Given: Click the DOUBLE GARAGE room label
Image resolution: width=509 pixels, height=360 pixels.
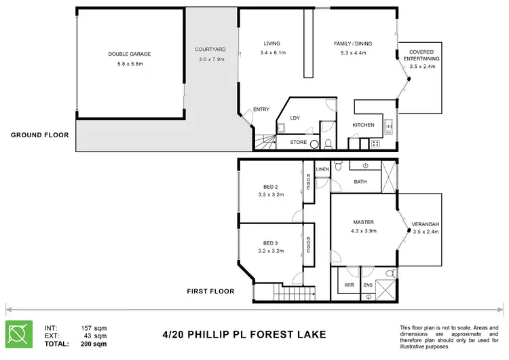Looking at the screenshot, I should tap(129, 54).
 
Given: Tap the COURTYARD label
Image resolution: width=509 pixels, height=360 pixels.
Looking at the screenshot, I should tap(210, 50).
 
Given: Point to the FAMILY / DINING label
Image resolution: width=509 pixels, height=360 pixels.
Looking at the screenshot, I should tap(353, 44).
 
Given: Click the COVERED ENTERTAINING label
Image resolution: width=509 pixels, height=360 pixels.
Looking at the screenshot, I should tap(421, 55).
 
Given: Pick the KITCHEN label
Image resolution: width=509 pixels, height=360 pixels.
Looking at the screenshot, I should tap(363, 126).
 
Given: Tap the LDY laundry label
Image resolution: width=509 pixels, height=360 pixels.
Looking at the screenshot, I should tap(295, 118).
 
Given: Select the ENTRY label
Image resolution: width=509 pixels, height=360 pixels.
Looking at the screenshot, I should tap(261, 110).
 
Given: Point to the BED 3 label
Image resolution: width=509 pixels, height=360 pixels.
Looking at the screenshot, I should tap(271, 242).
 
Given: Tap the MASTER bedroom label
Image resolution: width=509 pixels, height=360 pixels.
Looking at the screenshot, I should tap(364, 222).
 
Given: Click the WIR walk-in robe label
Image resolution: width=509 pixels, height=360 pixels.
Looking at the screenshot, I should tap(348, 285).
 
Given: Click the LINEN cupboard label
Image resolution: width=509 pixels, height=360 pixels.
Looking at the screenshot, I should tap(322, 169).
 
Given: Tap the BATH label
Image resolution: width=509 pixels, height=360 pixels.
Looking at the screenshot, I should tap(361, 181).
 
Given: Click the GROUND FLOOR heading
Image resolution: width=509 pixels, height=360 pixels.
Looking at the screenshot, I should tap(39, 134).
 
